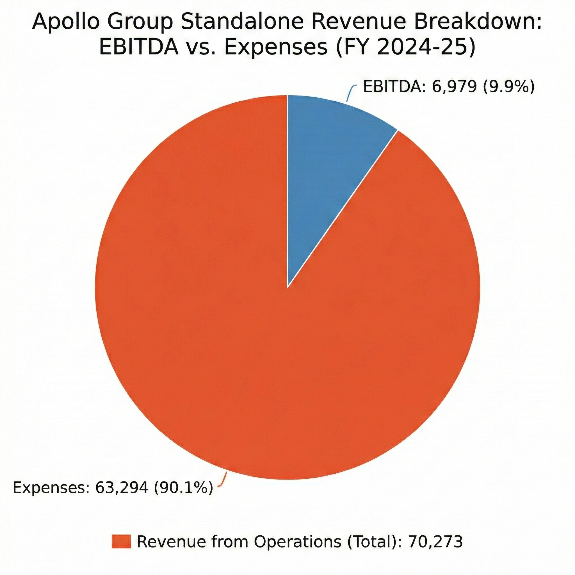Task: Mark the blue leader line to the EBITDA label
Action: point(350,93)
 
